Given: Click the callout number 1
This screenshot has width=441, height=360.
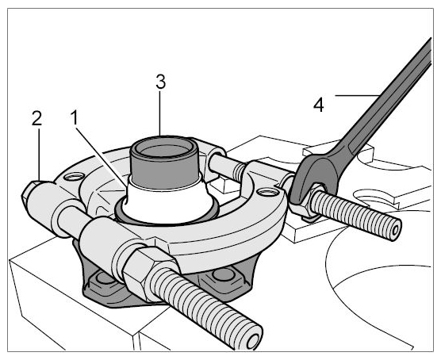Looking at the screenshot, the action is point(75,117).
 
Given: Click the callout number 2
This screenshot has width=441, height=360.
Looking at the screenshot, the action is point(36,118).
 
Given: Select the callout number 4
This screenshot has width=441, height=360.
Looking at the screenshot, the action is point(319,105).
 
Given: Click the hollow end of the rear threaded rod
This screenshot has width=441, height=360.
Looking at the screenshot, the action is point(394,231).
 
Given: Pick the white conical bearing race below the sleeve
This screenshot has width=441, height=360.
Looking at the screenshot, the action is point(167,201).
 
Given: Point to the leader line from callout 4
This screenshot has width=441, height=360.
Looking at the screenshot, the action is point(357,96).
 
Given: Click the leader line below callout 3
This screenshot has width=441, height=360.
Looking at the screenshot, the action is point(160,113).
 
